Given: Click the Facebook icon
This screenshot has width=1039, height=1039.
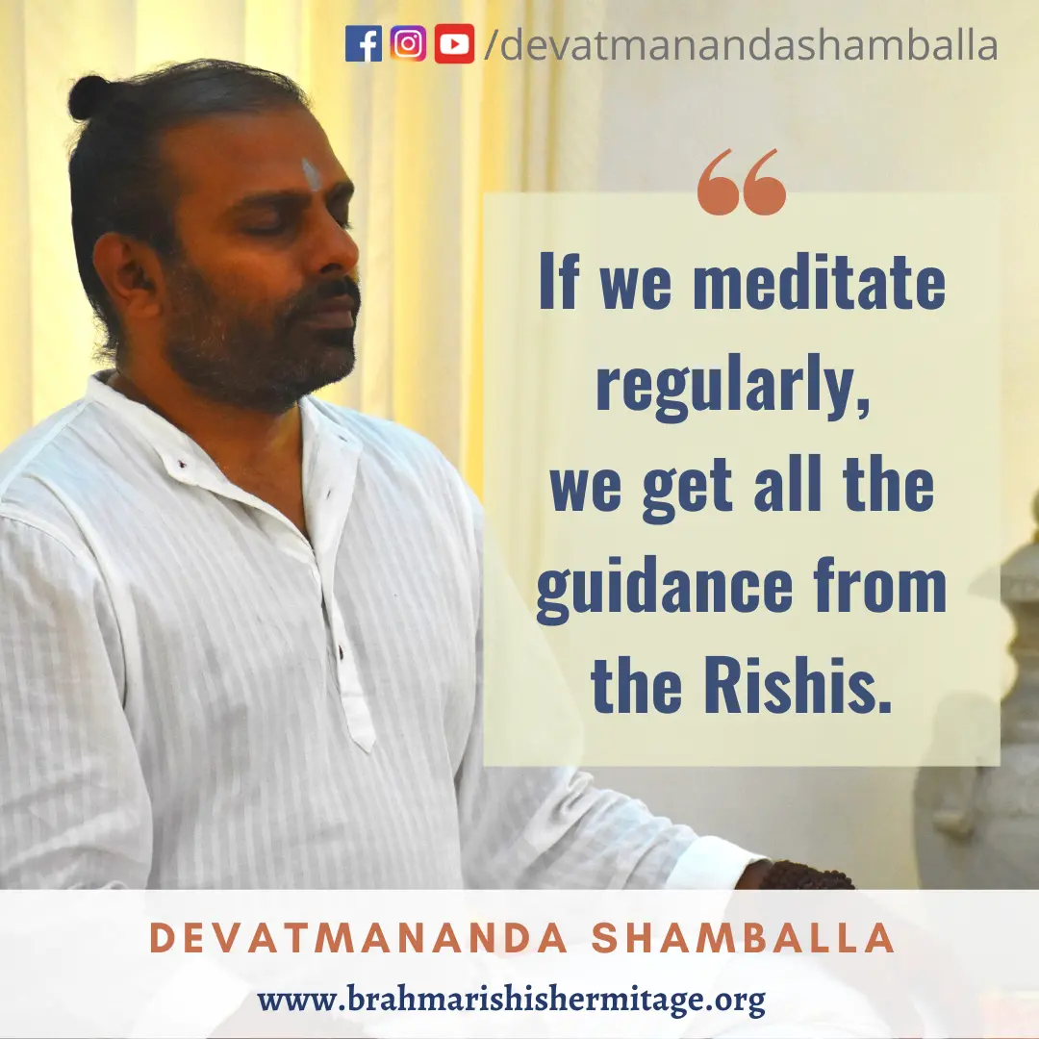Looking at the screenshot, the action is coord(363,43).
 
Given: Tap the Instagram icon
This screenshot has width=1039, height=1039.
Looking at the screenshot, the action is coord(408,43).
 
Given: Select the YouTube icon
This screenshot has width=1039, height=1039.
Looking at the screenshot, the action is coord(454,43).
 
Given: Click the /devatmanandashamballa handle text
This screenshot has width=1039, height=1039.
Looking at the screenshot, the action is coord(741,44).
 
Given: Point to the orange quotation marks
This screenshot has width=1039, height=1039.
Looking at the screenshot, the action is coord(742,182).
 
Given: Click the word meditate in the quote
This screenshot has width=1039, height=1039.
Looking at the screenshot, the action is coord(819,282).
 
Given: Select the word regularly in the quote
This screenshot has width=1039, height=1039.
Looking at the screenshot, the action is coord(733,387).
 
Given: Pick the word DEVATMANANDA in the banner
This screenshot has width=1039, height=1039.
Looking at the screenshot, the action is coord(359,938).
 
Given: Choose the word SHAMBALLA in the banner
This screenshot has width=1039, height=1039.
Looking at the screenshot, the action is coord(743,938).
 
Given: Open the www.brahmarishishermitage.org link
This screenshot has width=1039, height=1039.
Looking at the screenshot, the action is coord(511,1000).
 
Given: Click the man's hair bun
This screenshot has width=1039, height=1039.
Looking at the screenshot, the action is coord(89,97).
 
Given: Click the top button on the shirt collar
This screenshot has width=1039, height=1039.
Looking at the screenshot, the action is coord(181,464).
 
